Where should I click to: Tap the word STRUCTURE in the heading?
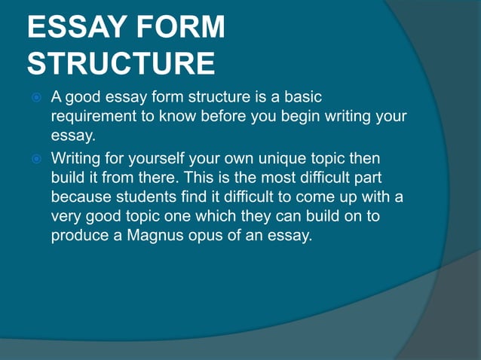121,64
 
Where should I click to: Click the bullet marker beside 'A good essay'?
37,98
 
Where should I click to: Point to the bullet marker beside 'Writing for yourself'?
37,160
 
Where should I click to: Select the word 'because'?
84,198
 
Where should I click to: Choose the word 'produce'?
80,236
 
